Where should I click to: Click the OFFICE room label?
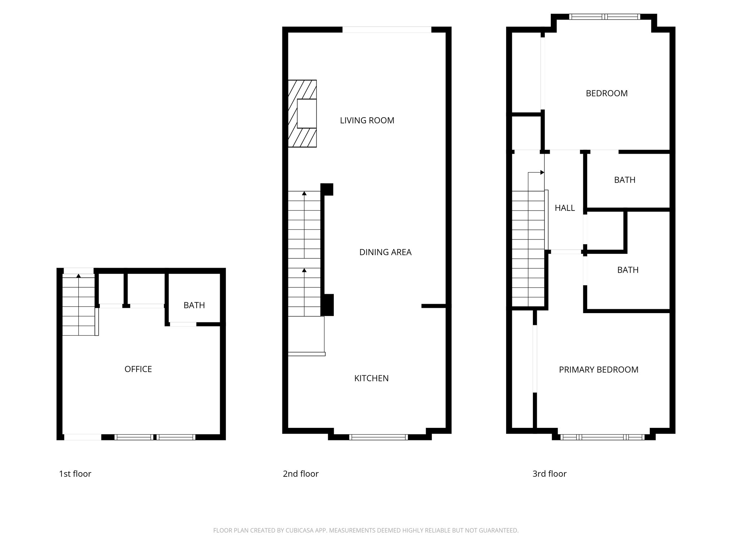click(138, 369)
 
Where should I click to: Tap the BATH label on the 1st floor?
click(194, 305)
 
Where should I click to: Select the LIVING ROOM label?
click(367, 120)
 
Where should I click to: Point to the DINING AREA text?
click(385, 252)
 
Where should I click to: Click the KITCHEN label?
click(371, 378)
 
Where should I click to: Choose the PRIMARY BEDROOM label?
click(599, 370)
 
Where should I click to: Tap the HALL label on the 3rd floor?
click(565, 208)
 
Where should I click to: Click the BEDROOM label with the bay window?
click(607, 93)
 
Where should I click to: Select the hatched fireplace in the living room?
click(302, 114)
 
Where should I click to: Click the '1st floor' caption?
click(75, 474)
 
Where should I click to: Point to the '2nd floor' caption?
click(301, 474)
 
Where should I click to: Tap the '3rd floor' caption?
click(549, 474)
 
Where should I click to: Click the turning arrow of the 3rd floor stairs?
click(536, 173)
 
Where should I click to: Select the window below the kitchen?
click(378, 437)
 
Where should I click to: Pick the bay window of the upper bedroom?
click(604, 16)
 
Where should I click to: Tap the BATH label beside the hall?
click(625, 180)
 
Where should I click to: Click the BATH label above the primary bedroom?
click(628, 270)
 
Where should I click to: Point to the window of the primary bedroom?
click(603, 437)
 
